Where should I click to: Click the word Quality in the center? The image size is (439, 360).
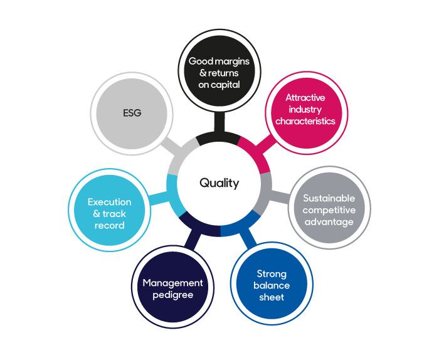(x=219, y=183)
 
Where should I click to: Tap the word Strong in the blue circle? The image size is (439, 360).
(x=272, y=274)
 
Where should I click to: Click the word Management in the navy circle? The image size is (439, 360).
(x=172, y=283)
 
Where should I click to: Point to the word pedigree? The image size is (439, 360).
(x=172, y=294)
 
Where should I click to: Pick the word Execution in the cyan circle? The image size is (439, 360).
(x=110, y=202)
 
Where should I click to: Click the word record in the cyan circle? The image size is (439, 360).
(x=110, y=225)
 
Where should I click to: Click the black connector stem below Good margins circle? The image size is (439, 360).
(x=219, y=124)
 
